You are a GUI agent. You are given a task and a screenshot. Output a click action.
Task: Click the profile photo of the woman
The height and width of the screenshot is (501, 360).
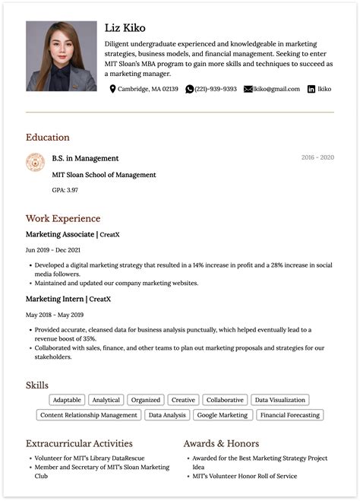62,56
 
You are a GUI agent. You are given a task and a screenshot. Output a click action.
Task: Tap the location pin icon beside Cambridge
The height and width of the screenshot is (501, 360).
113,89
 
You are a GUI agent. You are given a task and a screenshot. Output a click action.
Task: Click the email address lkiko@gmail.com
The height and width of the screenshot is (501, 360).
276,89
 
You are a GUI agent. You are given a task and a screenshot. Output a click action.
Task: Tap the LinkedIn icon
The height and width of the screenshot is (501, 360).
311,89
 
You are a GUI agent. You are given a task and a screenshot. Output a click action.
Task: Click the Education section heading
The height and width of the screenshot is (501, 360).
47,138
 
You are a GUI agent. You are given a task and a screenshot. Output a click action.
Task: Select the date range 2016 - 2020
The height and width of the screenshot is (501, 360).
317,157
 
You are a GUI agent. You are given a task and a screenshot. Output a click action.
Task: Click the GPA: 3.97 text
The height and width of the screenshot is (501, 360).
65,189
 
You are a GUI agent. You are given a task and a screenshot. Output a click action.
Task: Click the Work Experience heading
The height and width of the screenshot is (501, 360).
63,219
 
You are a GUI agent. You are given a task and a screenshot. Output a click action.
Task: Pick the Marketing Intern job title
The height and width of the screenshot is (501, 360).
55,299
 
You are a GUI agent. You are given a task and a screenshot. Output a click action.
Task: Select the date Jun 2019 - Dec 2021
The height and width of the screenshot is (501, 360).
53,249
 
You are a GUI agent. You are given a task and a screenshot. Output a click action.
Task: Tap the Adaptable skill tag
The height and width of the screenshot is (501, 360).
68,400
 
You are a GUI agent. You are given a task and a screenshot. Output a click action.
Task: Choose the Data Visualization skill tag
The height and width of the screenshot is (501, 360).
280,400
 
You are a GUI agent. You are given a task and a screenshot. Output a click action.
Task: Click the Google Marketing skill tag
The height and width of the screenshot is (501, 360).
222,415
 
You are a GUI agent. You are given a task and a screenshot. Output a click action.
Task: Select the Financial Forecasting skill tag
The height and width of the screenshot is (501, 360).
290,415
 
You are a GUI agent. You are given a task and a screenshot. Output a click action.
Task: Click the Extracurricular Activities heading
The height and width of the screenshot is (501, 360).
79,443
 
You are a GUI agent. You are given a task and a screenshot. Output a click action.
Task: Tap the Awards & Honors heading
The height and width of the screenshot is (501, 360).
221,443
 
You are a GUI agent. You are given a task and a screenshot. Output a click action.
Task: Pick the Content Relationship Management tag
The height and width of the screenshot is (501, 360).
89,415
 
